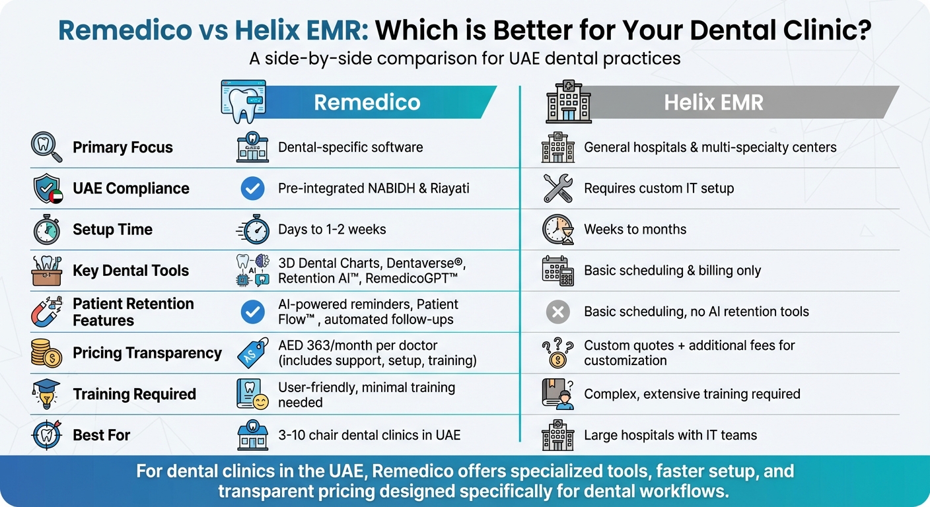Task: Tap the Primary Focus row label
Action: pos(122,147)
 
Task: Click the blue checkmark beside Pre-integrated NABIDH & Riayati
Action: pos(252,189)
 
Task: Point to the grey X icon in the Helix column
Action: pos(558,312)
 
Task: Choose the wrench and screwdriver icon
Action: pos(558,189)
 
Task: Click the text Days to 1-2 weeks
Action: pos(332,230)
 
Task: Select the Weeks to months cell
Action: pos(635,230)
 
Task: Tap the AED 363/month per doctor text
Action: pos(357,345)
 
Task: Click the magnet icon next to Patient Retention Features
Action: pos(47,312)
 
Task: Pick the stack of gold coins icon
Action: pos(47,353)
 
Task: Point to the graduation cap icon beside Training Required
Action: pos(47,394)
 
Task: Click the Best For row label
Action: pos(101,435)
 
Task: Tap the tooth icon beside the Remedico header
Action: pos(243,102)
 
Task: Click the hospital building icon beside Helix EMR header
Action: pos(568,102)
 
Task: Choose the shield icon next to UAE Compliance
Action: pos(47,189)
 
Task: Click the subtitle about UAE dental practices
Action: pos(464,58)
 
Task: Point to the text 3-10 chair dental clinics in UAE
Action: pos(369,435)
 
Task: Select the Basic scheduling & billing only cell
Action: pos(672,271)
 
